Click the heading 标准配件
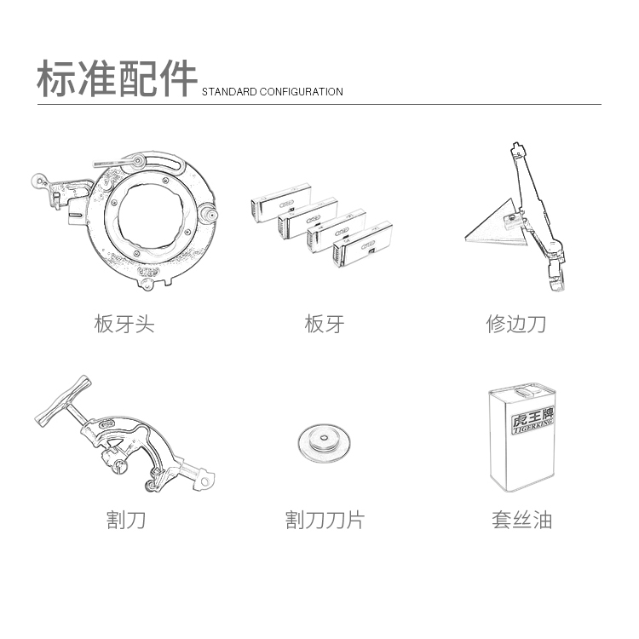[117, 78]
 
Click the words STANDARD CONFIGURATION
[273, 92]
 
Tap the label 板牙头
[124, 324]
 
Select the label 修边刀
[515, 324]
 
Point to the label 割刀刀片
[325, 520]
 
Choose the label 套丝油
[521, 520]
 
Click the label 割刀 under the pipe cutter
[126, 520]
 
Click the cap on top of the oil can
[528, 391]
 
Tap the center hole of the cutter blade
[324, 439]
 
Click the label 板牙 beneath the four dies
[325, 324]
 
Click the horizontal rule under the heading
[319, 104]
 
